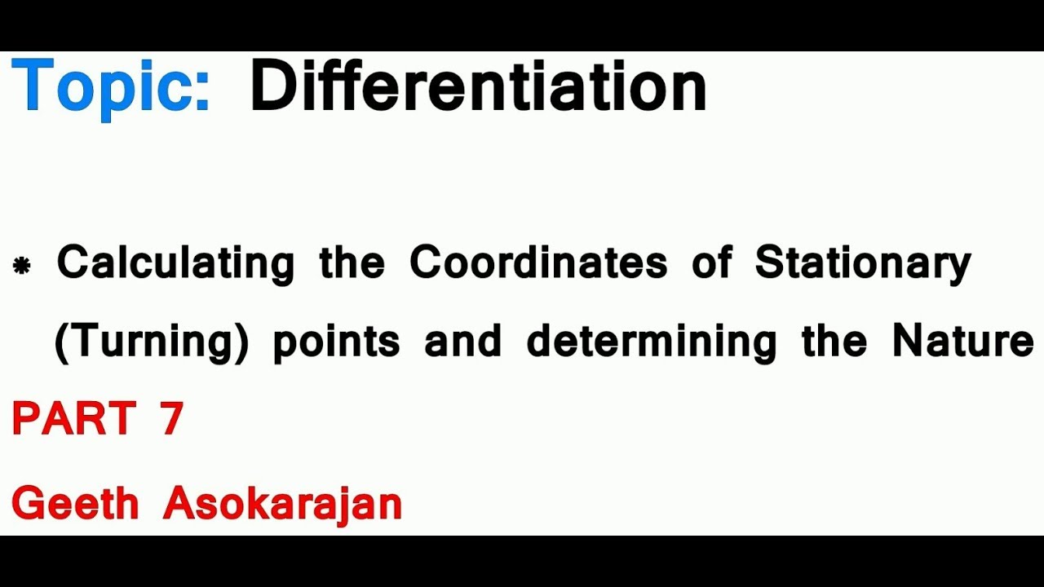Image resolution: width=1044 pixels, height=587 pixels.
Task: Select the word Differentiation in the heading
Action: [x=477, y=86]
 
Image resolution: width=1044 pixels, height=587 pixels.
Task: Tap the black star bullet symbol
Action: [x=22, y=266]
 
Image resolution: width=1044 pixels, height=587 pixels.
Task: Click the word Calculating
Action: [x=175, y=263]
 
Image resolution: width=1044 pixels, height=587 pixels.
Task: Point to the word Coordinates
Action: [x=538, y=263]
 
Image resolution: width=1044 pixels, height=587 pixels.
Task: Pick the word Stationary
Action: [x=863, y=263]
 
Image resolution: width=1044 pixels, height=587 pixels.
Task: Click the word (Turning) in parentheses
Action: [x=151, y=342]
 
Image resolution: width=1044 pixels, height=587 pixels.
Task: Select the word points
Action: [x=336, y=342]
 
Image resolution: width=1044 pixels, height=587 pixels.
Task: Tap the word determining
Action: [x=651, y=342]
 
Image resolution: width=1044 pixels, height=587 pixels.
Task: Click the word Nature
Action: [x=962, y=340]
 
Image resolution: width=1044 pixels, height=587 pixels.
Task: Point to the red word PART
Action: [x=73, y=419]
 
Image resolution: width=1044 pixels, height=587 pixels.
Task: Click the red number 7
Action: [x=171, y=419]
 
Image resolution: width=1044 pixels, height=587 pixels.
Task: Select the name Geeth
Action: [x=75, y=503]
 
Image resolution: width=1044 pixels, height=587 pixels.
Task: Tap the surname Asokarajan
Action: [x=282, y=503]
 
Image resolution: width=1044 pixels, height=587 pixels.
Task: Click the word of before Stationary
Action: [x=710, y=263]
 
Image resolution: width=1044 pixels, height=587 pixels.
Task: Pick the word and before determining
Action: [x=462, y=340]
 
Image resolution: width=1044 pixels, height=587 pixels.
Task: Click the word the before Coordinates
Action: [x=352, y=263]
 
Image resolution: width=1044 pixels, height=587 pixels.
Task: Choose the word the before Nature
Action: [x=834, y=340]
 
